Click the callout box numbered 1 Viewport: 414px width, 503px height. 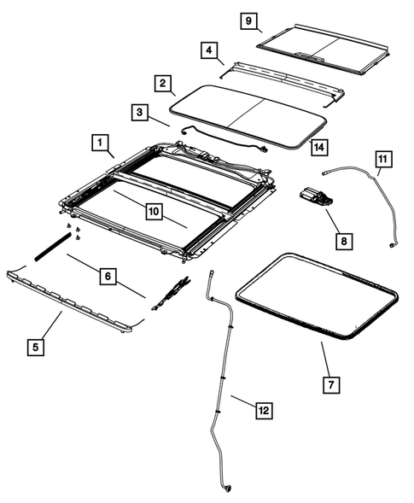[x=100, y=141]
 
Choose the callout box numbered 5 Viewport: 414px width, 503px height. [x=35, y=347]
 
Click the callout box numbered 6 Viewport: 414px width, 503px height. [x=107, y=277]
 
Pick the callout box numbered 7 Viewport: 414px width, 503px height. [x=331, y=384]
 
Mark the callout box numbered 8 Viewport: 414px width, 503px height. [x=342, y=243]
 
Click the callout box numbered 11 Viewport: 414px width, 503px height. [x=383, y=158]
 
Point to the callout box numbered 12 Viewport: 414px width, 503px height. [x=264, y=411]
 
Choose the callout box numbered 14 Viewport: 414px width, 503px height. [x=318, y=147]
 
